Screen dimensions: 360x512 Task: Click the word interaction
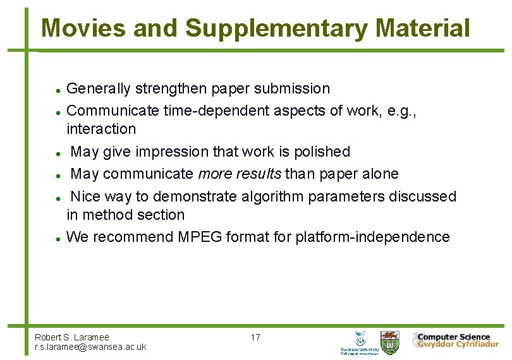tap(101, 129)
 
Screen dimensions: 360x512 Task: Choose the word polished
tap(320, 152)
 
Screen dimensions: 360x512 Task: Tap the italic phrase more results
tap(240, 174)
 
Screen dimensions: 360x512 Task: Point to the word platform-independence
tap(372, 237)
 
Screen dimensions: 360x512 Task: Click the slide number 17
tap(255, 337)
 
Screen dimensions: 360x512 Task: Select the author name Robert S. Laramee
tap(72, 337)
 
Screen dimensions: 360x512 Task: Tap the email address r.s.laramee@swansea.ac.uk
tap(90, 347)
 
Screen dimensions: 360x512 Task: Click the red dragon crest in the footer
tap(390, 341)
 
